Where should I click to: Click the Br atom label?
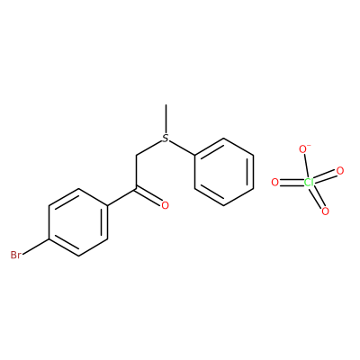click(15, 256)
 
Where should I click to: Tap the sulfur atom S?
click(166, 139)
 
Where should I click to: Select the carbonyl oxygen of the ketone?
click(165, 205)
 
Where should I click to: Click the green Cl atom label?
click(309, 182)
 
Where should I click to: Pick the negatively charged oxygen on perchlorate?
click(303, 148)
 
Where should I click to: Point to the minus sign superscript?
click(309, 145)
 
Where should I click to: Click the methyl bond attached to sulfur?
click(166, 119)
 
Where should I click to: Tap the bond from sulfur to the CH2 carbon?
click(149, 148)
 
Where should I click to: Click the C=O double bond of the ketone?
click(148, 196)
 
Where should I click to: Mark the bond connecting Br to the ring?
click(35, 247)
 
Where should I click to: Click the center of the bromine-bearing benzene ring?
click(78, 222)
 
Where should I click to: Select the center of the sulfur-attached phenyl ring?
click(224, 172)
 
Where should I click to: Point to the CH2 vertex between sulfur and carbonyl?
click(137, 156)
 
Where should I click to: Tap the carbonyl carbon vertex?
click(137, 189)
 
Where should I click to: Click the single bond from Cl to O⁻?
click(306, 166)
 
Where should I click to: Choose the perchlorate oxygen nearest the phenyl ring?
click(274, 182)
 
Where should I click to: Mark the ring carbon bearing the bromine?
click(49, 239)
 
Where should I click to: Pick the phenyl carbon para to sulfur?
click(253, 189)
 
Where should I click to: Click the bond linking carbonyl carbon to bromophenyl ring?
click(121, 197)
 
